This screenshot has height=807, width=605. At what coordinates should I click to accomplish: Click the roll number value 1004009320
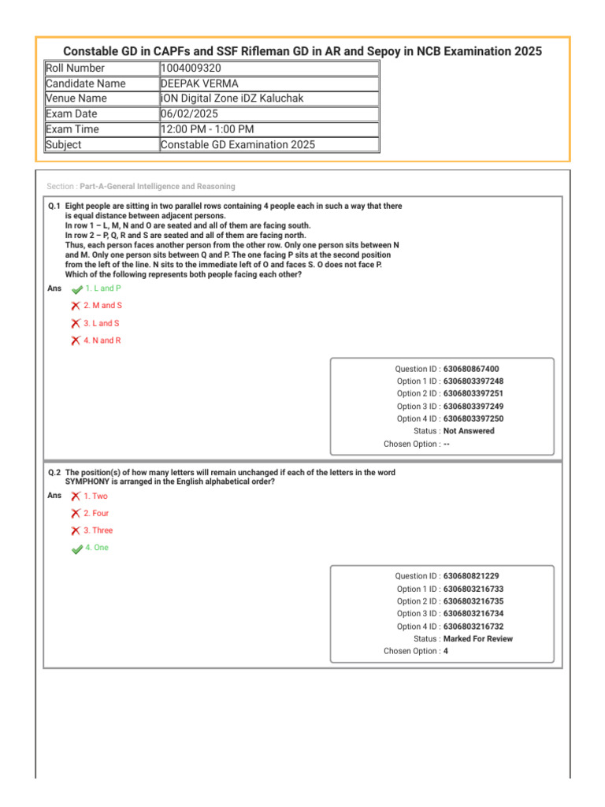[191, 69]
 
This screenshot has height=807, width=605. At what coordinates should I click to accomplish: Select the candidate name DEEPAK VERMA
[199, 84]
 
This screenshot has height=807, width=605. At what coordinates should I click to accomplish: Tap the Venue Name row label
[76, 99]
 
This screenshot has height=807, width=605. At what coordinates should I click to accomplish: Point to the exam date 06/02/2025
[190, 114]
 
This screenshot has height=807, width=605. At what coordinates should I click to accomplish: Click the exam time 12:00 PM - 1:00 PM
[207, 129]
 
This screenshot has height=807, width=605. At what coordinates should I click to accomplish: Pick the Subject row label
[64, 144]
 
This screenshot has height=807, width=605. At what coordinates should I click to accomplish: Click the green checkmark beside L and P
[76, 289]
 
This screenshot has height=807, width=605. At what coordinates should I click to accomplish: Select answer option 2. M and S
[102, 306]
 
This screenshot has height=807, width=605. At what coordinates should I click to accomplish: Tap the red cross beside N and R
[75, 340]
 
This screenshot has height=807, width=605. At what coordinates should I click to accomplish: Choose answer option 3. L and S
[102, 323]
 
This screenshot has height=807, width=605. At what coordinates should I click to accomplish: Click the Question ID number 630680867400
[471, 369]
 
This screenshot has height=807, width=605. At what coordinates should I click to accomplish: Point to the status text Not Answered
[469, 431]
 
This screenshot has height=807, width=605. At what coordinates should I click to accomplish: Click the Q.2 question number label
[54, 472]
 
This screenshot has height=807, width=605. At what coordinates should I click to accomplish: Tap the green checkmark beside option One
[76, 549]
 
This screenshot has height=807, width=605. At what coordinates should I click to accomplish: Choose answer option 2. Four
[96, 514]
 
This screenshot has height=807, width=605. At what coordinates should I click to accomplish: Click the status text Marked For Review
[477, 638]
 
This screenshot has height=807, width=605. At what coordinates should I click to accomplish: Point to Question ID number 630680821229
[471, 576]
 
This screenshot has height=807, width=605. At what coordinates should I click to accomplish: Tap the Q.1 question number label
[54, 206]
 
